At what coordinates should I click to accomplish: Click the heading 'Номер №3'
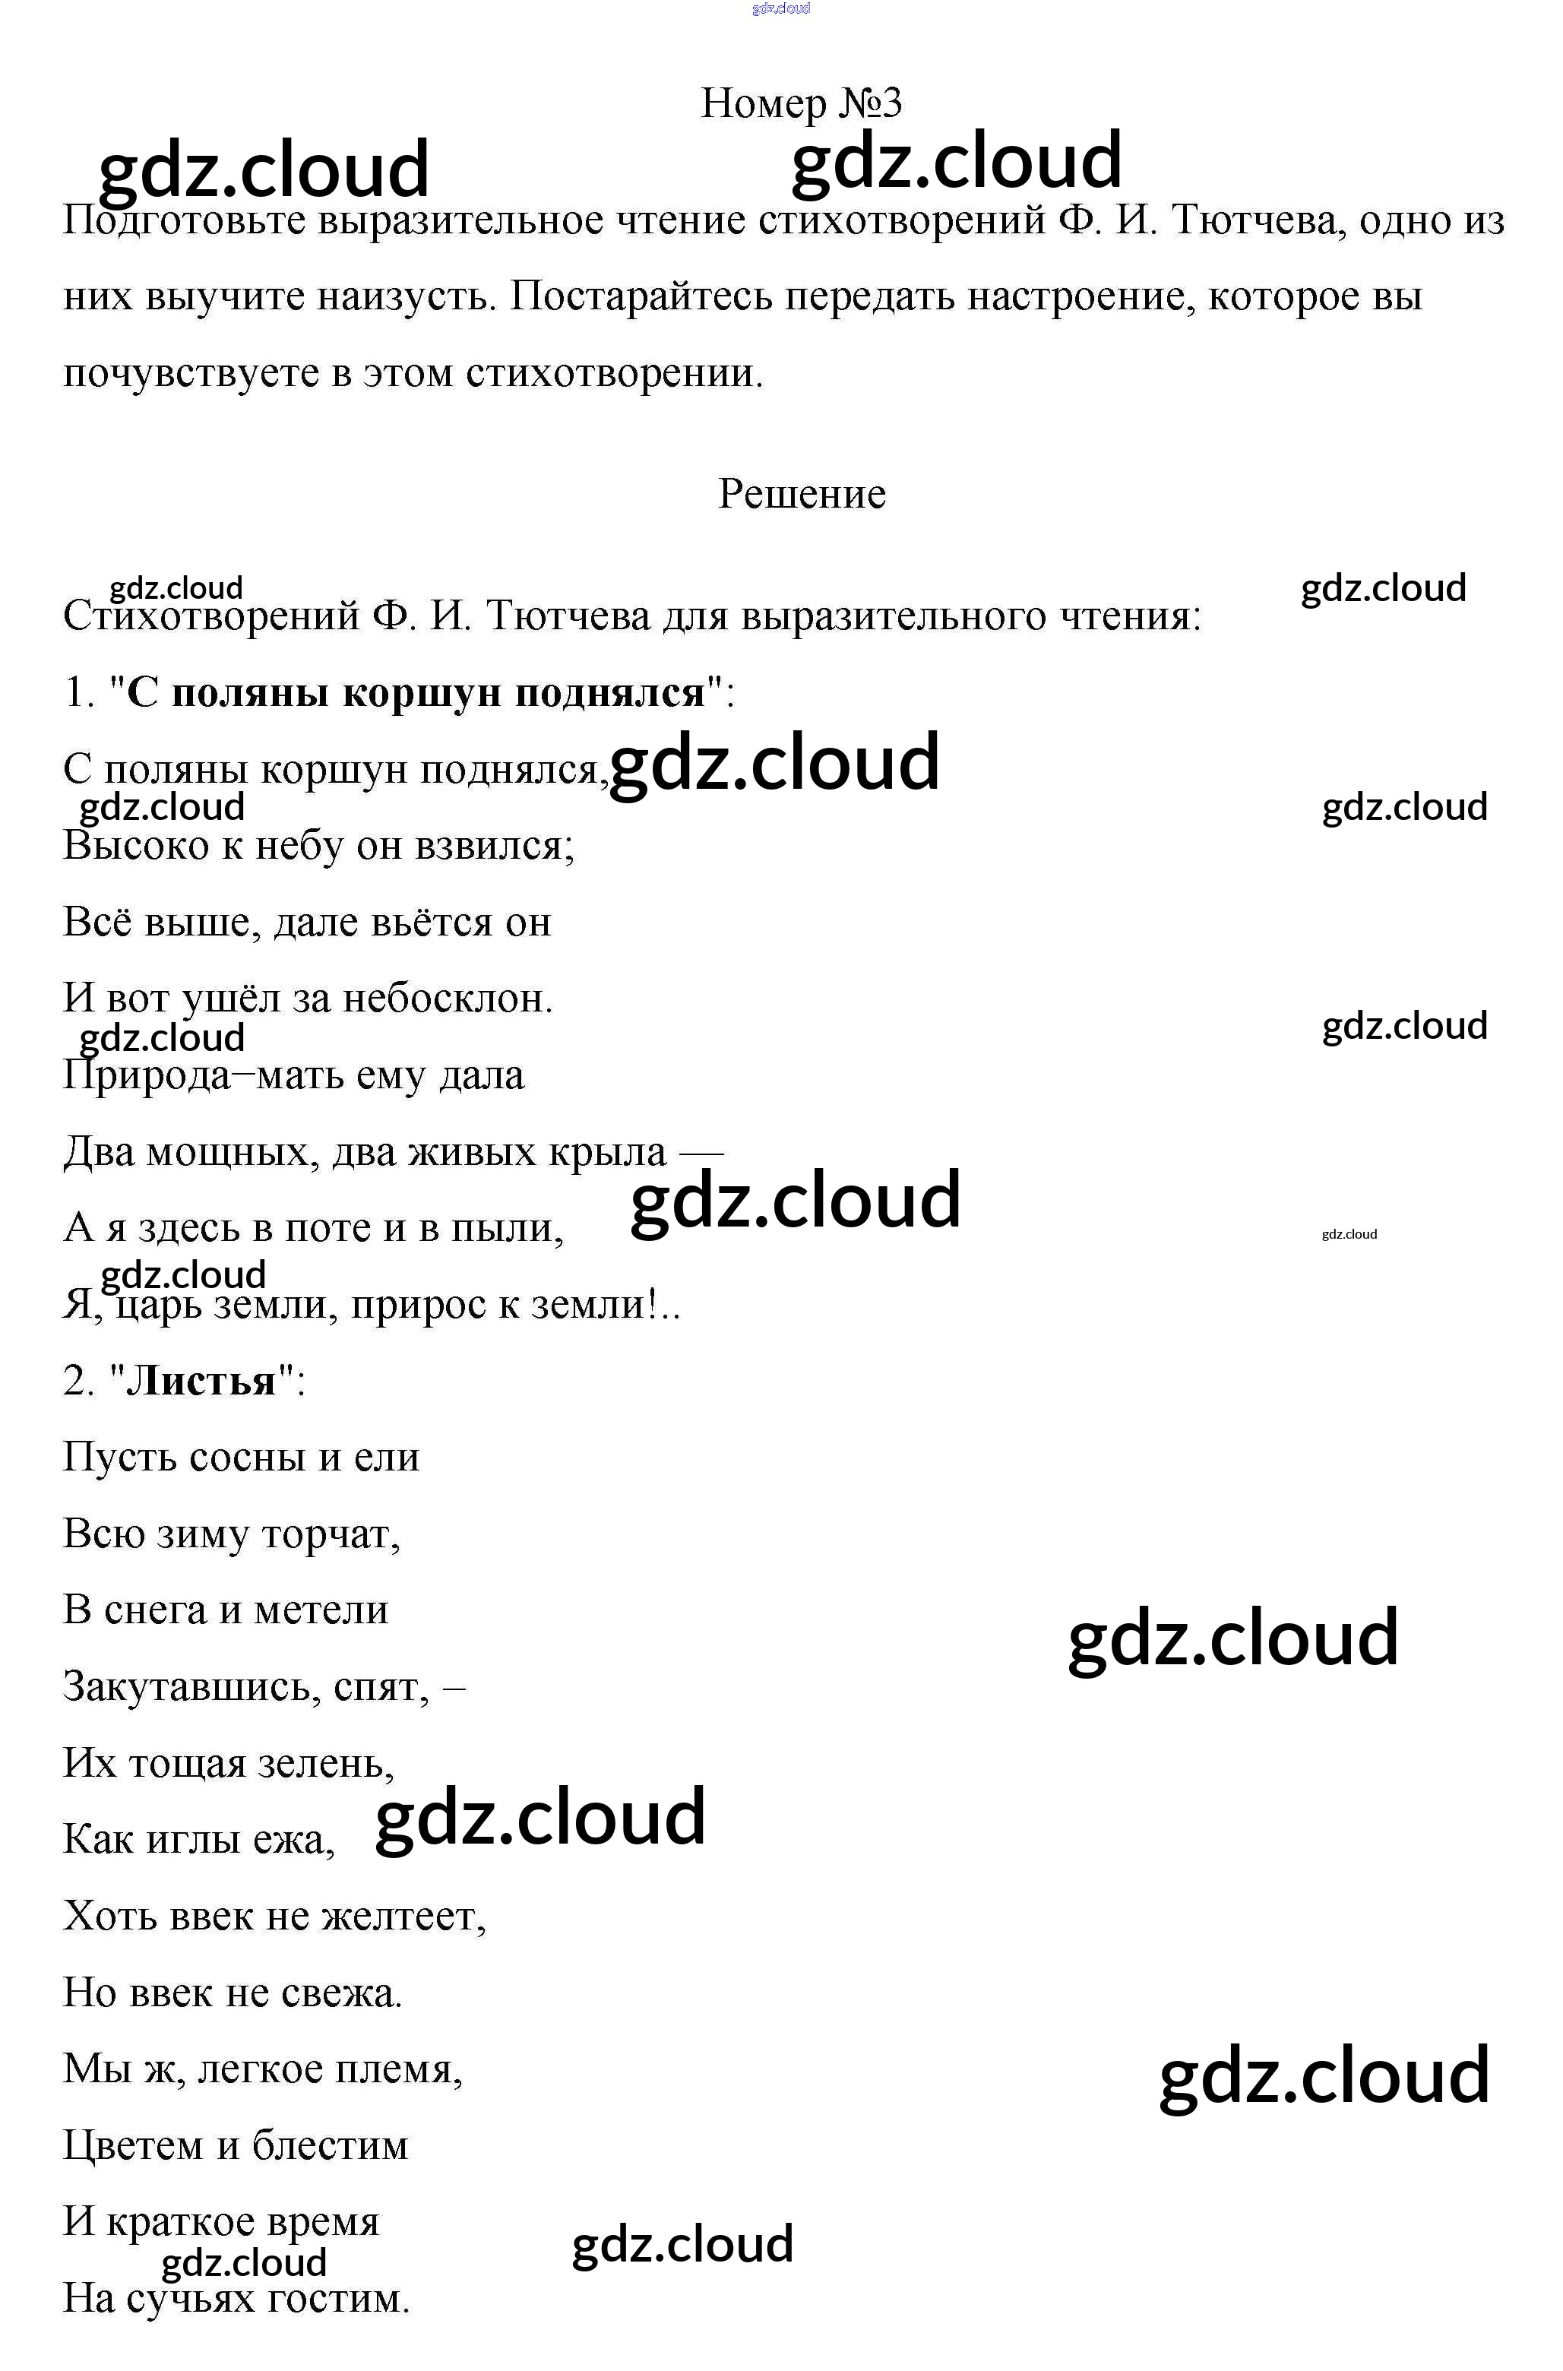[x=802, y=103]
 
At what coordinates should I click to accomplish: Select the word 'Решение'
[x=802, y=494]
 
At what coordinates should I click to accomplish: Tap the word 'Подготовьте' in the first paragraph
[x=185, y=221]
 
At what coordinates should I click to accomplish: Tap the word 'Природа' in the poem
[x=146, y=1076]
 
